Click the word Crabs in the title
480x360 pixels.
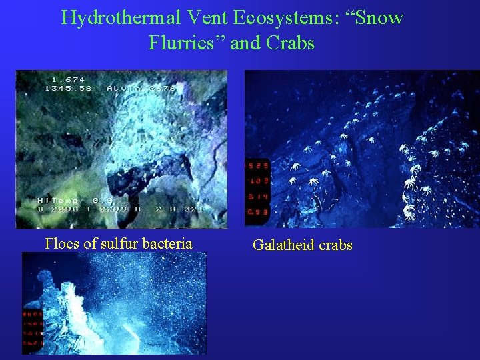pos(290,43)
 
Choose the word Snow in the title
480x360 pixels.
pos(378,17)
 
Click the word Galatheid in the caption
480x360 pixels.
pos(285,245)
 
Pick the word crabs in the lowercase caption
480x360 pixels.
pos(336,245)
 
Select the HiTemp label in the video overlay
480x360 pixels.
pos(58,200)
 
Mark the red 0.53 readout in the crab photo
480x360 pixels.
pos(257,212)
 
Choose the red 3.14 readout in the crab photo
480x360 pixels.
pos(257,197)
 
